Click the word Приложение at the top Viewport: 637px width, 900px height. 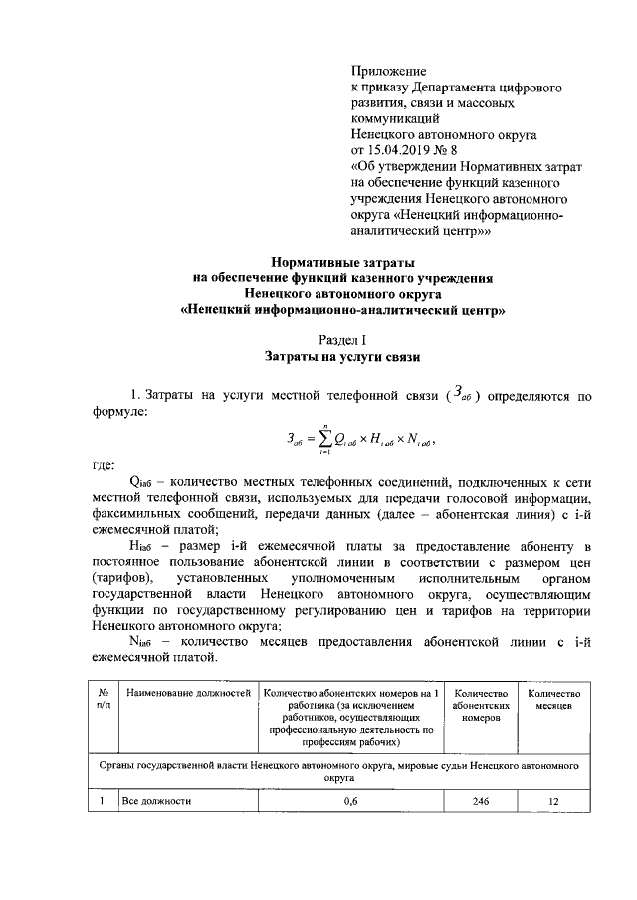point(389,72)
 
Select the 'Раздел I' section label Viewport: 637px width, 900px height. point(342,340)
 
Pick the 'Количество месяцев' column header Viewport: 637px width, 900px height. point(553,699)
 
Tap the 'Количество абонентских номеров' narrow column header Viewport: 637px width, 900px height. point(481,705)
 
